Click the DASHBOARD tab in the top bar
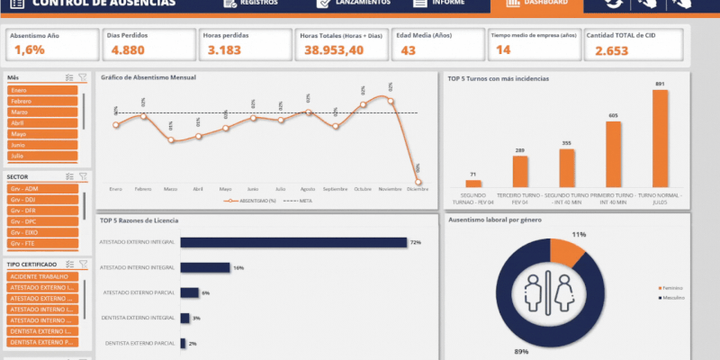click(x=537, y=4)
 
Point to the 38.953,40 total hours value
click(x=333, y=50)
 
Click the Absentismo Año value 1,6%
click(x=29, y=50)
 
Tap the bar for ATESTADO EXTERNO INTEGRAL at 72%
click(x=293, y=242)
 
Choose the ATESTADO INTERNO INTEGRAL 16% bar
click(x=205, y=267)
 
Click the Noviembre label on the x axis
click(x=390, y=189)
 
